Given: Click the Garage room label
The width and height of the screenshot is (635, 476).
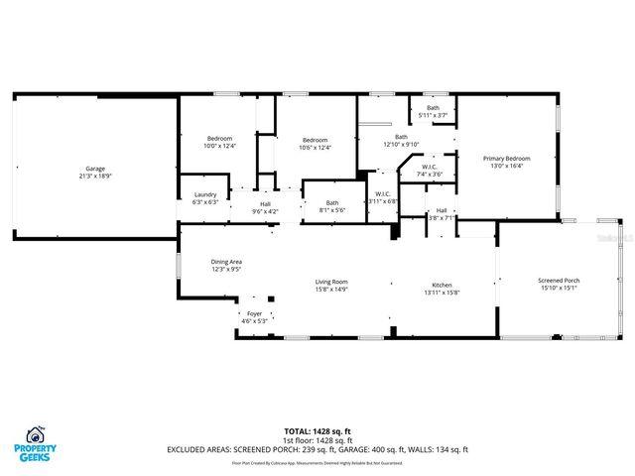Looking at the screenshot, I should [x=95, y=169].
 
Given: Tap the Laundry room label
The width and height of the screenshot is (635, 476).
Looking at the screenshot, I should [x=205, y=194].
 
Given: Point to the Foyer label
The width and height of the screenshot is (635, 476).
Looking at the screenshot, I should [x=256, y=314].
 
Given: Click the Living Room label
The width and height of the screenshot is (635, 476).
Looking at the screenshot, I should [x=332, y=282].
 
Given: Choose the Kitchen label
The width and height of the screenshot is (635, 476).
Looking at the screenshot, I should [x=442, y=285].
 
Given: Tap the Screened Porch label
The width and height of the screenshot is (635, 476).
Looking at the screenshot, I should [x=559, y=282].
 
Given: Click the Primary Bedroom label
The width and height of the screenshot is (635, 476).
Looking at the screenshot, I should [x=506, y=159].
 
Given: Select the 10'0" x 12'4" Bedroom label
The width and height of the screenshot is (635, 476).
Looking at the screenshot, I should [x=219, y=138].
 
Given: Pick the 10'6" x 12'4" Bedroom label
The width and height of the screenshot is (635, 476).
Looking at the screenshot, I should [x=315, y=141].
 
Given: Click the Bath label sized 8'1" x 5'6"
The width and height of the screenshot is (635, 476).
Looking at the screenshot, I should [x=332, y=203].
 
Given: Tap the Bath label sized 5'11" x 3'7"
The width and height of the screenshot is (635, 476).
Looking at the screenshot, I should [x=433, y=108].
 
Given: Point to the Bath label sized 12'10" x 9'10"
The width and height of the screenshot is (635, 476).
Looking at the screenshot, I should [x=401, y=137].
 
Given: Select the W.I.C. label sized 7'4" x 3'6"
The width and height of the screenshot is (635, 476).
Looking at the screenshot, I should [x=430, y=167].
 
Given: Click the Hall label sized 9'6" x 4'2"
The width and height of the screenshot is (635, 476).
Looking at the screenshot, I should [x=265, y=204].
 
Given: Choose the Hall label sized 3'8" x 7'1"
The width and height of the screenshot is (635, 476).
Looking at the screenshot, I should [x=441, y=210].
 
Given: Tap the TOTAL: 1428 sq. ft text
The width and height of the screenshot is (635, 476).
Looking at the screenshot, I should [x=317, y=431].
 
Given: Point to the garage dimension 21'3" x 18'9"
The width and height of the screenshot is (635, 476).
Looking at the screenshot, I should [x=95, y=176].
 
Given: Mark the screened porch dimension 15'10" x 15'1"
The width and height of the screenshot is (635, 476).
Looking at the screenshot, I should [x=559, y=289].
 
